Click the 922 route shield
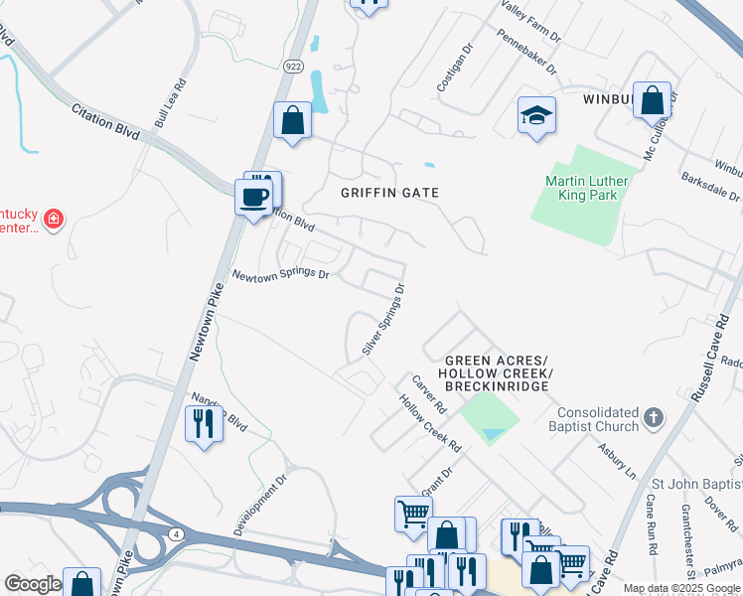coord(292,66)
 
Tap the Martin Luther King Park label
coord(581,188)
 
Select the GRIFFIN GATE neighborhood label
coord(390,192)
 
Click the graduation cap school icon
coord(536,115)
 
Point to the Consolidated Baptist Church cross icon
coord(653,417)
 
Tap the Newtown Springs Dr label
coord(280,273)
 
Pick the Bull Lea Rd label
coord(170,103)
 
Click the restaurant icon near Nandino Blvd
coord(203,424)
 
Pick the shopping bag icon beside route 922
coord(293,121)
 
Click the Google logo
coord(33,584)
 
